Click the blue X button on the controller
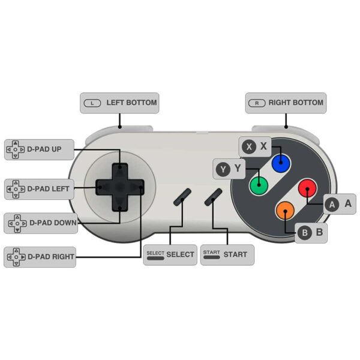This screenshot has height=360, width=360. pos(281,163)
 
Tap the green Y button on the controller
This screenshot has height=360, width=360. pos(259,185)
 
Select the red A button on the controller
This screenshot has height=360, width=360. pos(307,188)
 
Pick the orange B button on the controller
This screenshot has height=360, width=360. pos(285,211)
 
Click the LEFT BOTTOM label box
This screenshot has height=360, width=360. pos(119,103)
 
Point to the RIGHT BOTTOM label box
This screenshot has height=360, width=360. pos(286,103)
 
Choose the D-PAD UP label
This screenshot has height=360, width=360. pos(39,149)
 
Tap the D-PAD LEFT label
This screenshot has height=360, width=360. pos(39,189)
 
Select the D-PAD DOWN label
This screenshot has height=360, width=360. pos(41,223)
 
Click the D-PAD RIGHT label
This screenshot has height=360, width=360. pos(40,257)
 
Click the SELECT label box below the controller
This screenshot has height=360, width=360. pos(170,255)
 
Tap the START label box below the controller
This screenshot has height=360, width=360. pos(227,255)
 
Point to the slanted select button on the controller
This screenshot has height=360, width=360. pos(182,197)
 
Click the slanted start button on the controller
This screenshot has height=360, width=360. pos(213,197)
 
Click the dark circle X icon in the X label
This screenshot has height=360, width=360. pos(249,146)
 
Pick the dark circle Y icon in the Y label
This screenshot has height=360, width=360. pos(223,169)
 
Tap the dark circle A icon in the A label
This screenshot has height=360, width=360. pos(332,205)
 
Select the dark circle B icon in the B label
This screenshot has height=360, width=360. pos(305,233)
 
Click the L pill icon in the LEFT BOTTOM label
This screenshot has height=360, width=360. pos(92,103)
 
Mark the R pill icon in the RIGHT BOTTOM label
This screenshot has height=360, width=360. pos(257,103)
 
